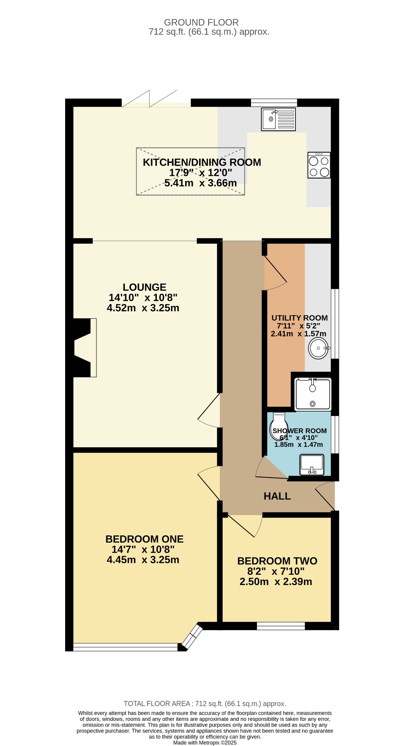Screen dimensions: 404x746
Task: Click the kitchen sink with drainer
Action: click(278, 119)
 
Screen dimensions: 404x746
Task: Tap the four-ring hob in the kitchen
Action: click(319, 165)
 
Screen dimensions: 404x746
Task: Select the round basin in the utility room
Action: click(319, 349)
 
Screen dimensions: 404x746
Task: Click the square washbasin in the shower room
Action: click(312, 465)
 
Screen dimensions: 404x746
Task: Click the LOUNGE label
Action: click(144, 287)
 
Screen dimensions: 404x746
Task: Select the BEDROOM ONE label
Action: click(144, 539)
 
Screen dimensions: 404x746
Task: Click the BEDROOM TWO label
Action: click(277, 561)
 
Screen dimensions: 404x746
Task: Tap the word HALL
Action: click(277, 496)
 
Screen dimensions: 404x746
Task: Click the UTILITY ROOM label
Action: click(300, 318)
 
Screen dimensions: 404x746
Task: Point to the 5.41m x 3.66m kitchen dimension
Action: click(201, 183)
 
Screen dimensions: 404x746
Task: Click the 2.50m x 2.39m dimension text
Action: click(276, 582)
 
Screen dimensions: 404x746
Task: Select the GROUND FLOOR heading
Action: click(201, 23)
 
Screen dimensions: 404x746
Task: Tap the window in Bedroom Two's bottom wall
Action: click(281, 626)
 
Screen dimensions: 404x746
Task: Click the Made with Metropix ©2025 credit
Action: click(205, 743)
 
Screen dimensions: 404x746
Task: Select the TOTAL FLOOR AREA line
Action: click(205, 704)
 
